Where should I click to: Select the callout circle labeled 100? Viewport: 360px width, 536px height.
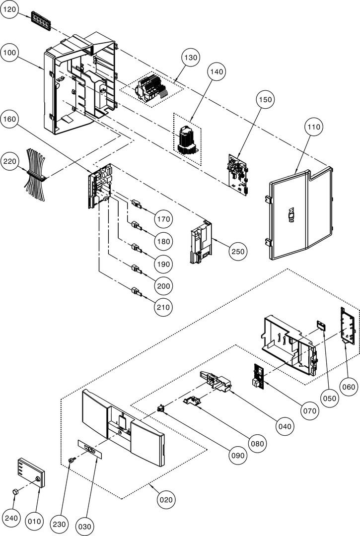(x=11, y=53)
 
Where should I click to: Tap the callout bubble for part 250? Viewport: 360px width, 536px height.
(x=238, y=252)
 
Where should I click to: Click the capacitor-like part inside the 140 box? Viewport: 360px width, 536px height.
(x=187, y=139)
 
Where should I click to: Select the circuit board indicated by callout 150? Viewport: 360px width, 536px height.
(x=237, y=171)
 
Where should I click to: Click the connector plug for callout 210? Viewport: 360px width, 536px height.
(x=136, y=291)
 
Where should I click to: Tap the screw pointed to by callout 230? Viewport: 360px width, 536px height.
(x=72, y=461)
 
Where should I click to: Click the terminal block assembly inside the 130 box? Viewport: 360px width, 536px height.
(x=151, y=89)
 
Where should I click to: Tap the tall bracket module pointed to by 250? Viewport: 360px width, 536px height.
(x=202, y=241)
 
